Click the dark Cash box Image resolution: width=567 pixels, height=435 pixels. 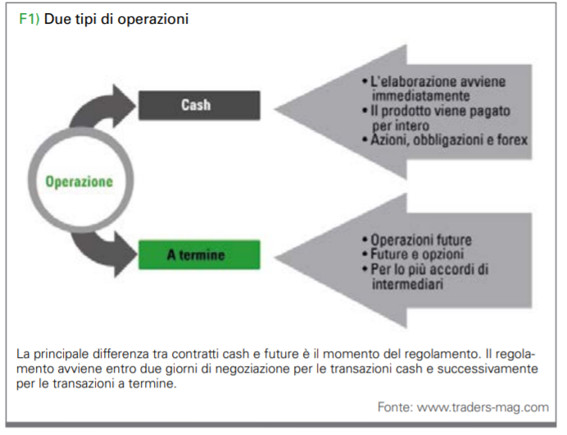[197, 105]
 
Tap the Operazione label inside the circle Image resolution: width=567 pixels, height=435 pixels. [79, 181]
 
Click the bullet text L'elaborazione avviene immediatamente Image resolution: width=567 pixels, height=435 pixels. [434, 88]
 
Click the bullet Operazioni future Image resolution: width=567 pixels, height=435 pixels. [421, 240]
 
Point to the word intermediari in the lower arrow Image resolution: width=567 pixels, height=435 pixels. [406, 284]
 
